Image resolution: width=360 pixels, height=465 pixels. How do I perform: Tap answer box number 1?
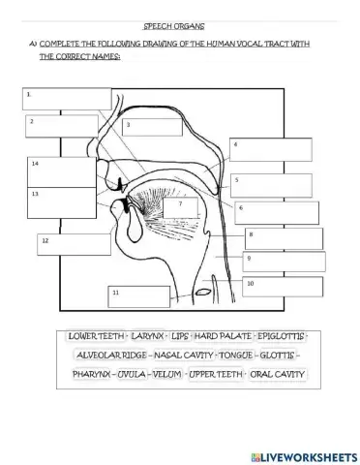(68, 98)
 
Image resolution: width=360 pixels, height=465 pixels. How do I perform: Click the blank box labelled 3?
(152, 126)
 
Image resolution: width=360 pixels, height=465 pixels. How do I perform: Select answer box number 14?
(60, 170)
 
